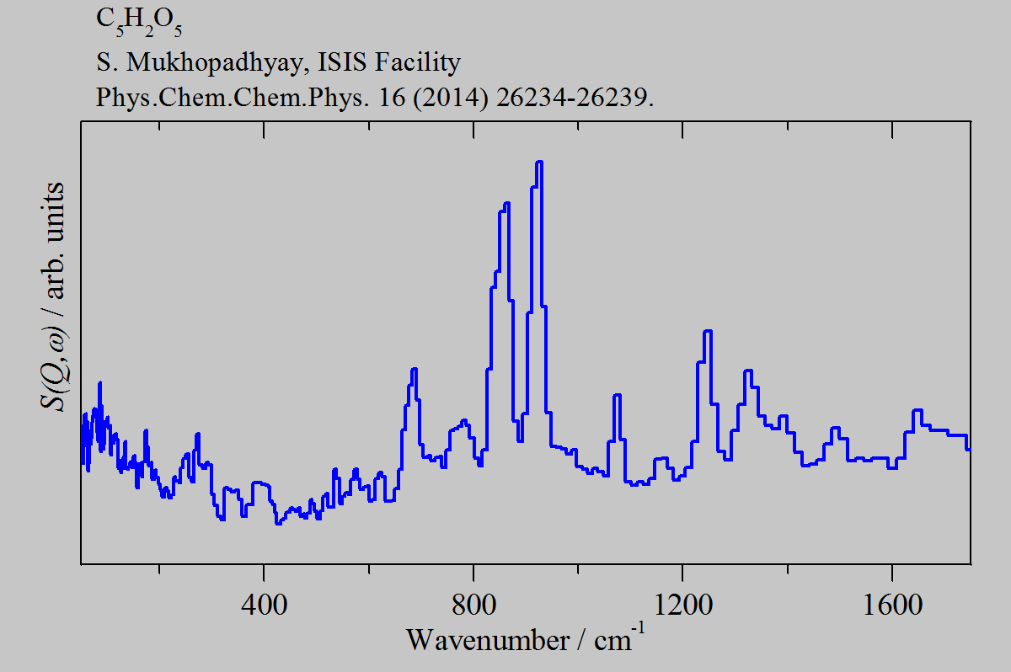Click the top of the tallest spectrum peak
coord(539,162)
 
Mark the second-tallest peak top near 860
coord(505,204)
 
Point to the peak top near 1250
coord(708,331)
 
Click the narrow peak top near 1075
coord(617,395)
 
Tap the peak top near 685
coord(414,369)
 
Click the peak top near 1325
coord(747,371)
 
